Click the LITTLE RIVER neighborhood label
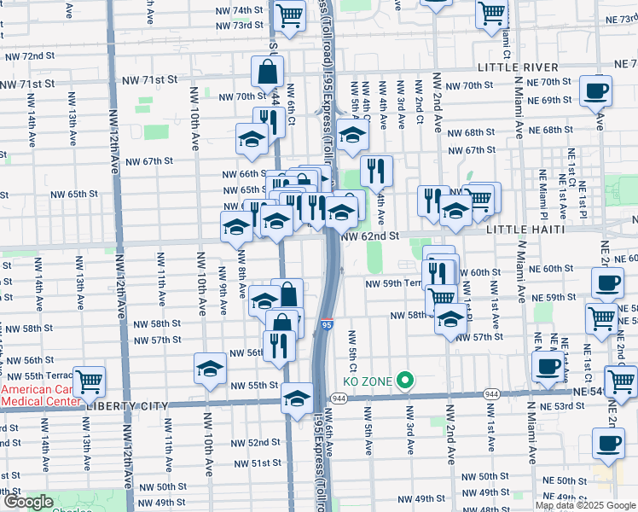click(518, 67)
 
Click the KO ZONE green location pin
click(407, 381)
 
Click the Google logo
click(27, 502)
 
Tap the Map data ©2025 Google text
click(585, 505)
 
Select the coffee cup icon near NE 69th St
click(595, 90)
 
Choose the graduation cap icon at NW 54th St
click(297, 399)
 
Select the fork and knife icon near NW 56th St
click(279, 344)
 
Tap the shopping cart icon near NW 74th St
click(289, 14)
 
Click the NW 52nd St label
click(252, 442)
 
